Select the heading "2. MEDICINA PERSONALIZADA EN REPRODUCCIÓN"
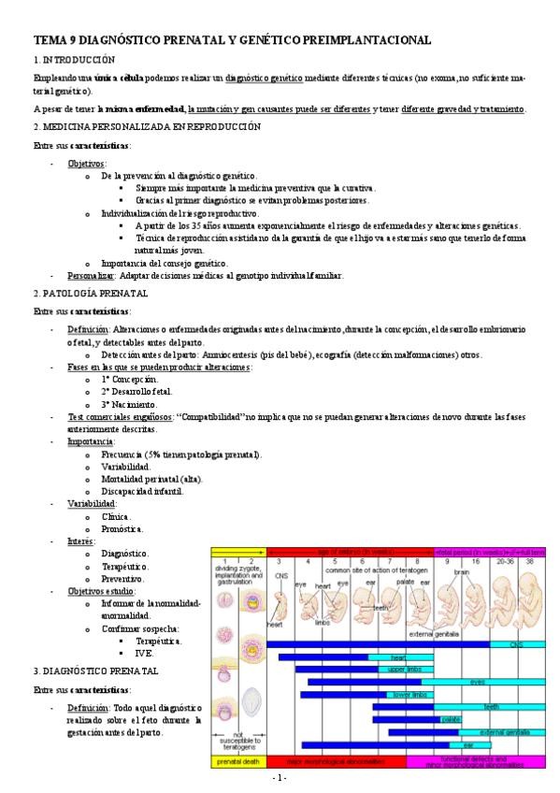[x=147, y=126]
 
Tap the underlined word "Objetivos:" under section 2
[x=87, y=163]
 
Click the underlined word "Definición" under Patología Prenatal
[x=87, y=330]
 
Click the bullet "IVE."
[x=144, y=653]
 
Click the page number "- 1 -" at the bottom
[x=279, y=778]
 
